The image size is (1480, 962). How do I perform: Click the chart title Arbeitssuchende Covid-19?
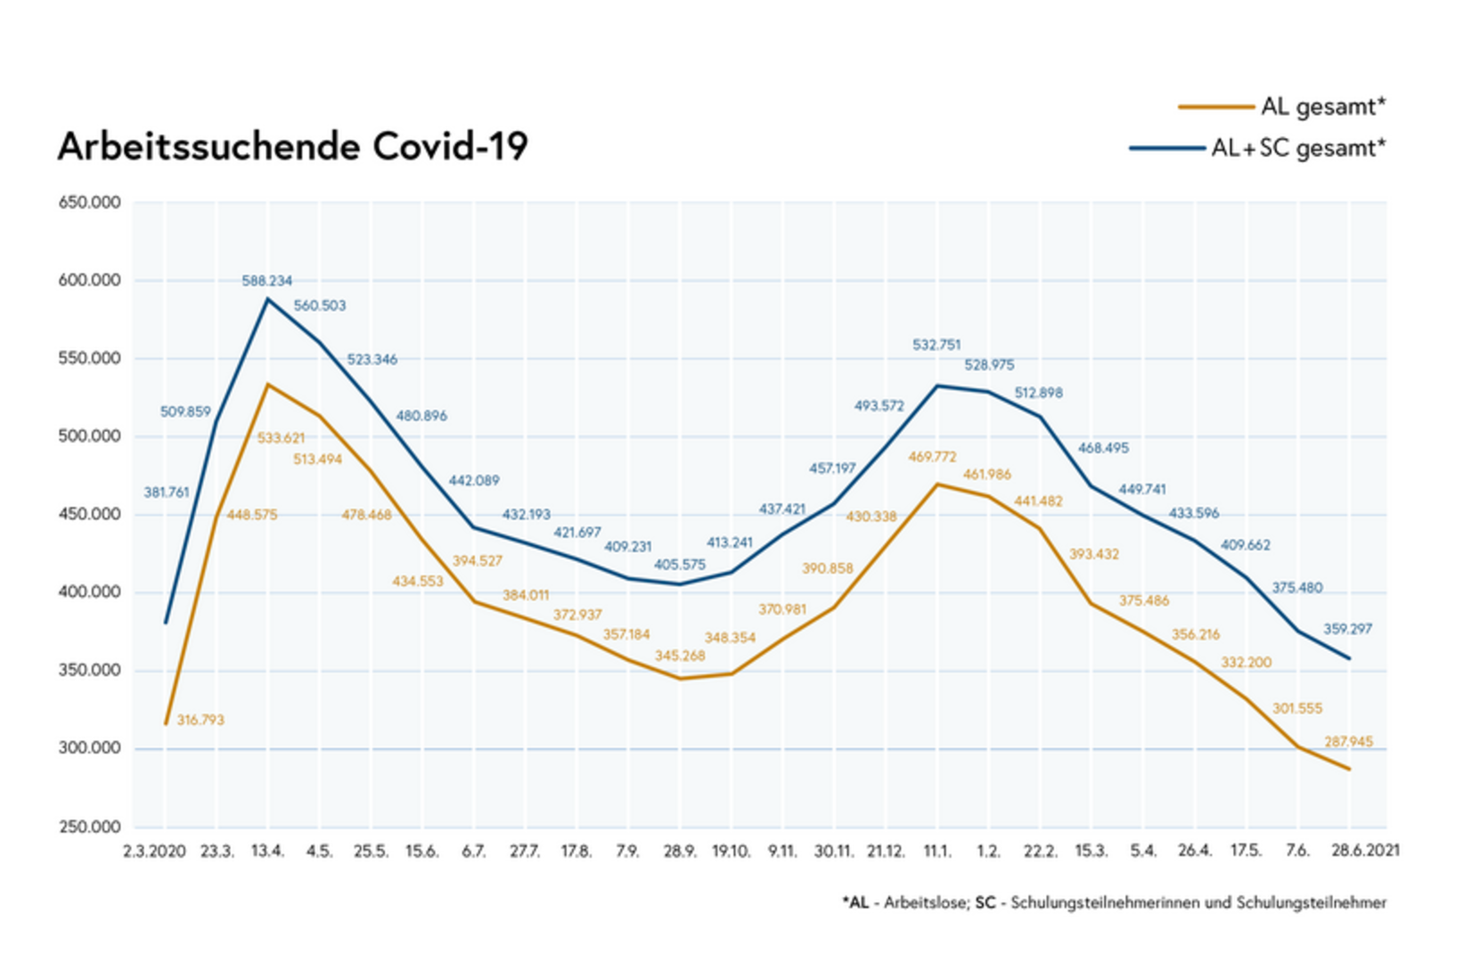point(292,147)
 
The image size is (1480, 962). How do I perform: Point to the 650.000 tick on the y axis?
point(89,203)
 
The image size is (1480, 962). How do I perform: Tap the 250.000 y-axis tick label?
point(89,827)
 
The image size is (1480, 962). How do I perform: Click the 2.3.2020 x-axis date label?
point(154,852)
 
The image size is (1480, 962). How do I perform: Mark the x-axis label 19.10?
point(731,852)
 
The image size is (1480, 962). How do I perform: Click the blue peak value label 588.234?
point(266,281)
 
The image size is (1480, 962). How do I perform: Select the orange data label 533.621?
point(281,438)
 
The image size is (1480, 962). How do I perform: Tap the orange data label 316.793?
point(200,720)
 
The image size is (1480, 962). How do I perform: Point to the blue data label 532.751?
point(936,345)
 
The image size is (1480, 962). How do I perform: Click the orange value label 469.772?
point(932,457)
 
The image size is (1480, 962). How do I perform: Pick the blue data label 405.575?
point(680,565)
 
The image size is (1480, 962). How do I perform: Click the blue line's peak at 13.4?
point(266,299)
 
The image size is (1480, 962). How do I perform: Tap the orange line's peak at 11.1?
point(936,485)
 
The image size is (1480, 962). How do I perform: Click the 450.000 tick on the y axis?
point(89,515)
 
